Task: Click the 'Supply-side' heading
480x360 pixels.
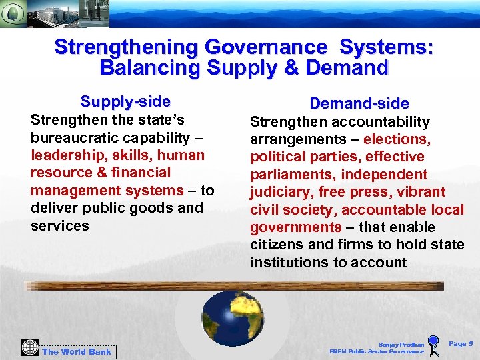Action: coord(125,101)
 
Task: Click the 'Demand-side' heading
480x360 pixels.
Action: coord(359,103)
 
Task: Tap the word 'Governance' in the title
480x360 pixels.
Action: coord(266,47)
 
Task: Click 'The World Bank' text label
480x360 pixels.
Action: coord(77,351)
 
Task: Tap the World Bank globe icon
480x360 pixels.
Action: coord(29,348)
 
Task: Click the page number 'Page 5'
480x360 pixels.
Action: coord(461,344)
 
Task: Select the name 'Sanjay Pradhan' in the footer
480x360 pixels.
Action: coord(401,344)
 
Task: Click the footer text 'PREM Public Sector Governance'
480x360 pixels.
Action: coord(377,351)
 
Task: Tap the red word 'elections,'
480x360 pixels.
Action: coord(397,139)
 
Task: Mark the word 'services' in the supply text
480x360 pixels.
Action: coord(59,225)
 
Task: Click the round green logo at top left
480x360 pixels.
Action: coord(14,13)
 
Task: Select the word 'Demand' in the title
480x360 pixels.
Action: coord(347,67)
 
